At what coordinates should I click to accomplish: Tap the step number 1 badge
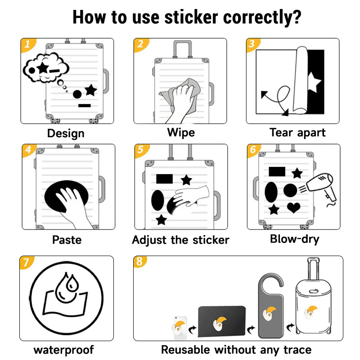[x=27, y=44]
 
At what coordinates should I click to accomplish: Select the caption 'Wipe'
[x=181, y=133]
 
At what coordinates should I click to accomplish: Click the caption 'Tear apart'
[x=297, y=133]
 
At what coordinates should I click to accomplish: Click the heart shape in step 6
[x=294, y=207]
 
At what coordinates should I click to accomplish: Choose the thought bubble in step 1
[x=45, y=69]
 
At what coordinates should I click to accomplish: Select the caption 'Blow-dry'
[x=294, y=239]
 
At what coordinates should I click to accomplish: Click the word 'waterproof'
[x=63, y=350]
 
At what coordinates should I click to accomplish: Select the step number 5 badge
[x=140, y=150]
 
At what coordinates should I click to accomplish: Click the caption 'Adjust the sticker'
[x=180, y=240]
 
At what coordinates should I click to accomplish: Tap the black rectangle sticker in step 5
[x=165, y=179]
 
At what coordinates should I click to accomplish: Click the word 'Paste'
[x=67, y=239]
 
